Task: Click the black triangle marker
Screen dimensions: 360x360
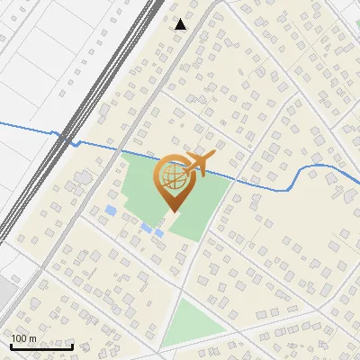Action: tap(181, 24)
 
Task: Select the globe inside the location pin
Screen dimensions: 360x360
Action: tap(172, 177)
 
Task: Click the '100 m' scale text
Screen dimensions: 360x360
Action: tap(24, 338)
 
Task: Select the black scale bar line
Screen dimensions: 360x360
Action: tap(41, 346)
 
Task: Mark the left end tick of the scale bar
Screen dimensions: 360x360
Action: tap(11, 345)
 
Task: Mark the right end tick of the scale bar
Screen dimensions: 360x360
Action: tap(73, 345)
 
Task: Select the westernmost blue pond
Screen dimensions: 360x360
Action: tap(111, 210)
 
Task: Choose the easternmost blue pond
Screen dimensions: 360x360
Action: tap(158, 234)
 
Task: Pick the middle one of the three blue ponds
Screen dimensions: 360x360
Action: tap(146, 228)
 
